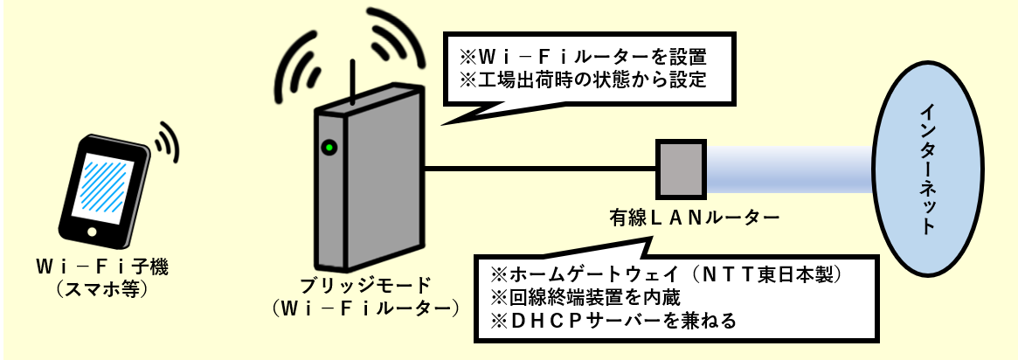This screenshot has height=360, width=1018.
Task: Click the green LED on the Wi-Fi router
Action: point(329,147)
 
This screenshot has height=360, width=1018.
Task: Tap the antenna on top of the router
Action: point(352,84)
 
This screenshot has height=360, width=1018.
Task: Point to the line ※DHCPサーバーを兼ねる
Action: point(612,321)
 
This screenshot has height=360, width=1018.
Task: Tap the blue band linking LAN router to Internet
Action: point(786,168)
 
